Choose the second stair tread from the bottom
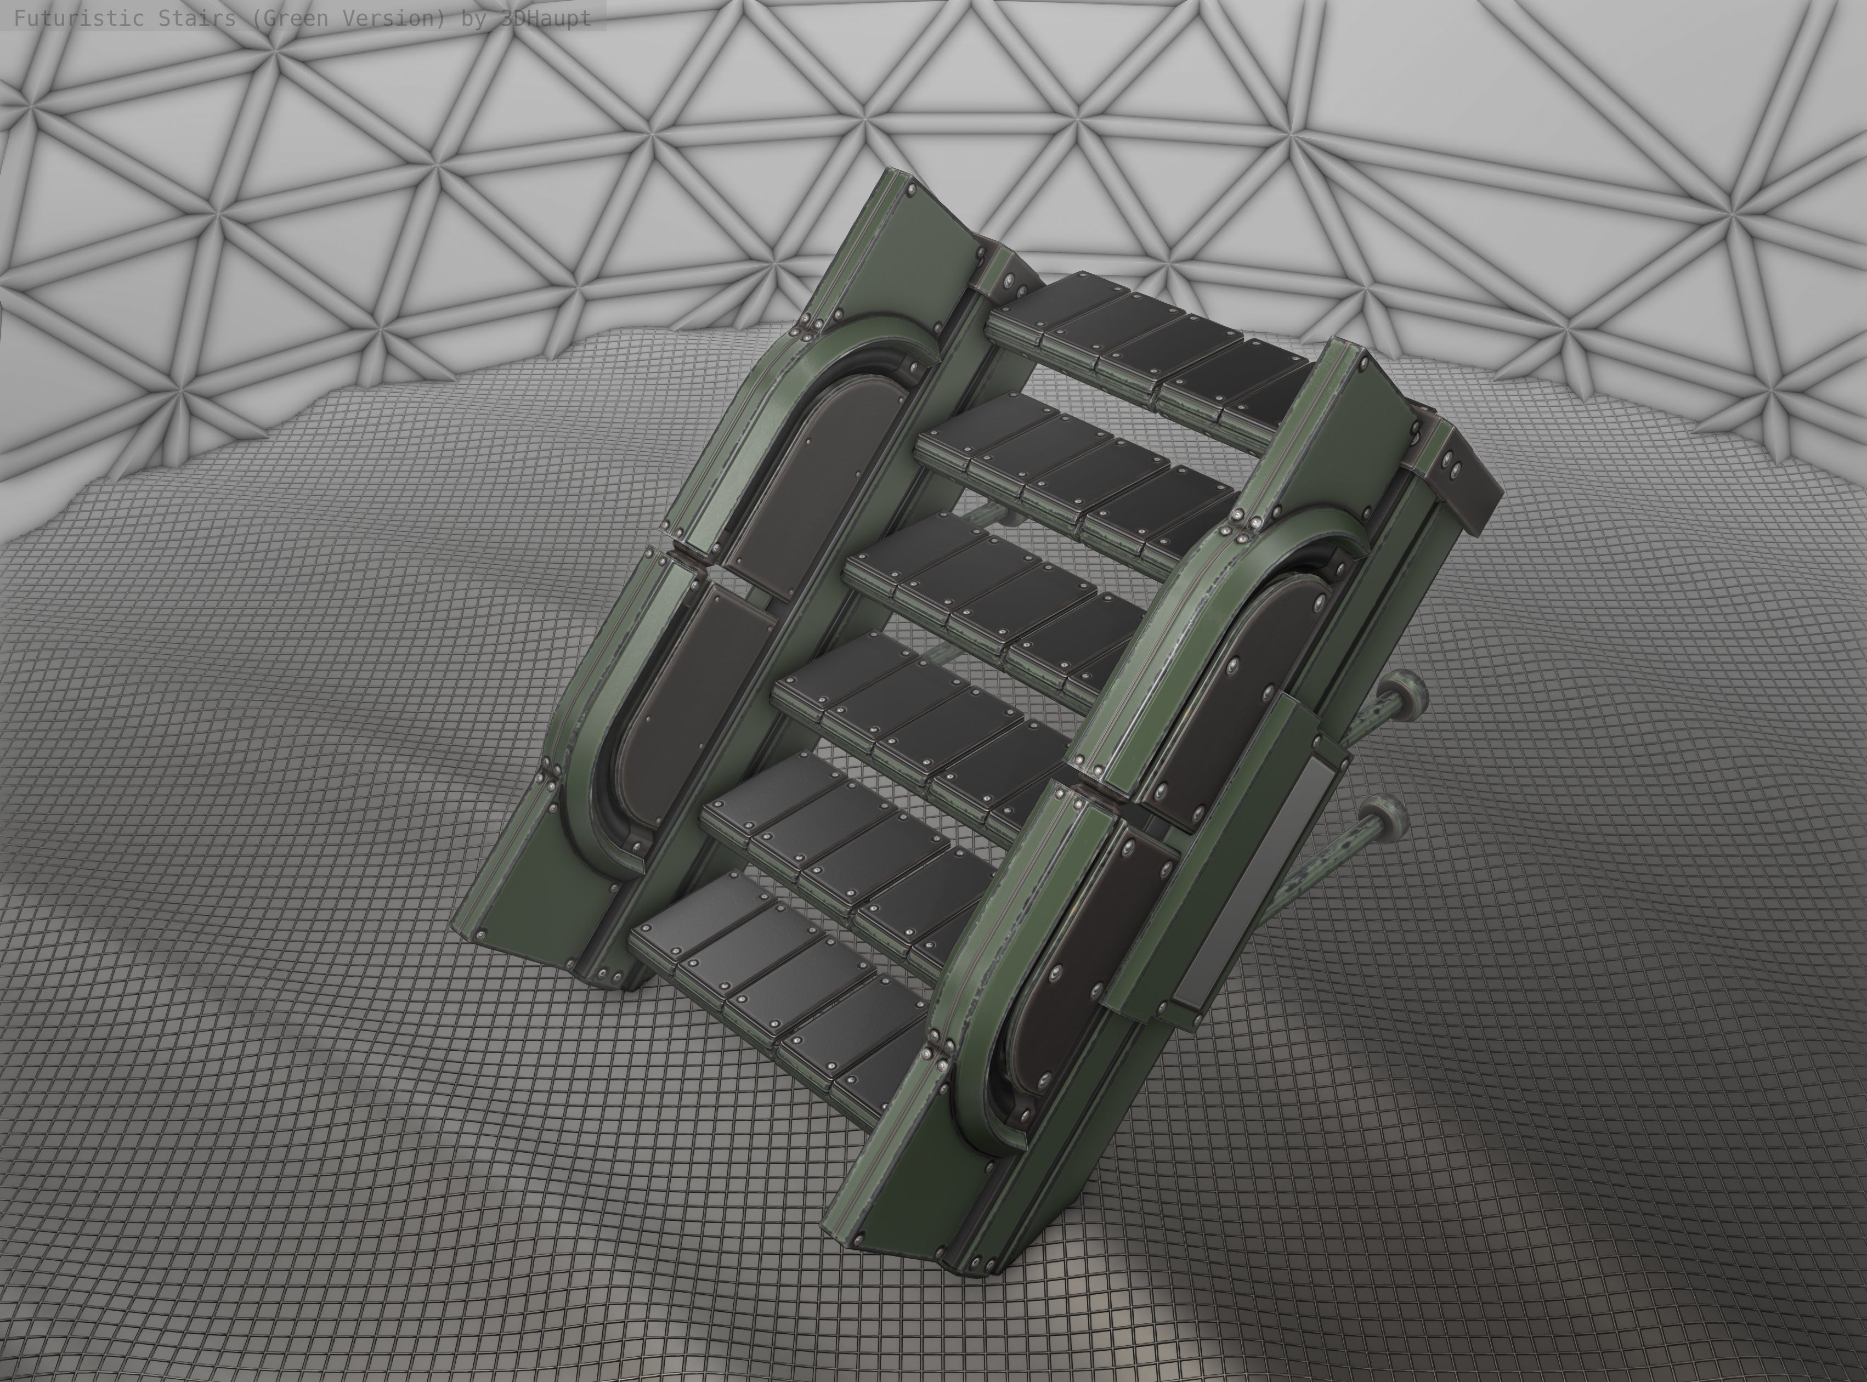pyautogui.click(x=845, y=845)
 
